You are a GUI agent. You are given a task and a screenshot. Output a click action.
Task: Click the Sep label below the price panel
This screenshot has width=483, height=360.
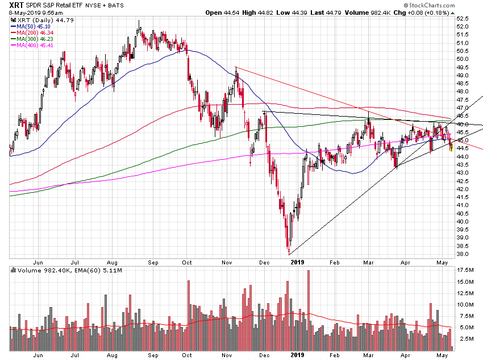[153, 262]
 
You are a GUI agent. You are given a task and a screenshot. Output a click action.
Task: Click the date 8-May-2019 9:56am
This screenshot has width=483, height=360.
[35, 13]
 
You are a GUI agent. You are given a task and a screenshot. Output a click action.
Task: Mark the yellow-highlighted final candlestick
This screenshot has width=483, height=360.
[451, 147]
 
